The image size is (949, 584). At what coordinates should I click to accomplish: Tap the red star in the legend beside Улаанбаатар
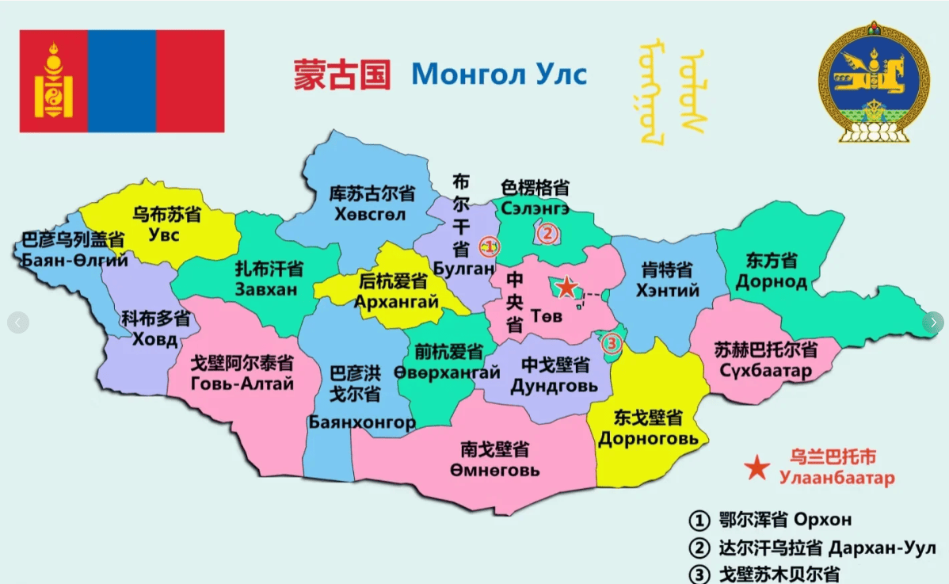click(x=757, y=468)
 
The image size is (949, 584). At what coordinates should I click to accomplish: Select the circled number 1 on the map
click(x=490, y=246)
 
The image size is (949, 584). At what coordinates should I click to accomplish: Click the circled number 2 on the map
click(x=546, y=234)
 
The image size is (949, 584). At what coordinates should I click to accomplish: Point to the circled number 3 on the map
click(x=611, y=344)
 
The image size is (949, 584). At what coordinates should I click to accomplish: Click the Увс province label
click(x=164, y=235)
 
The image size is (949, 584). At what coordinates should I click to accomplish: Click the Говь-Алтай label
click(x=242, y=384)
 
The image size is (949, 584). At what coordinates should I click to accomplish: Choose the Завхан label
click(x=266, y=289)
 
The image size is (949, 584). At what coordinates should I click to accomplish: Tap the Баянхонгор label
click(x=362, y=422)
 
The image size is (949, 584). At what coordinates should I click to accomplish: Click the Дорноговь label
click(x=648, y=438)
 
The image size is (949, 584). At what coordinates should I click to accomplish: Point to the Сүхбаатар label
click(x=765, y=370)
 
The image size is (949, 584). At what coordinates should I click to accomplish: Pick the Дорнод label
click(x=771, y=281)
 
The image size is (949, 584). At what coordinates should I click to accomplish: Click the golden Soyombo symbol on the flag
click(x=53, y=82)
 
